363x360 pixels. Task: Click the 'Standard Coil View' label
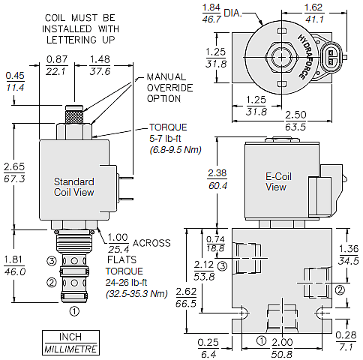click(x=74, y=187)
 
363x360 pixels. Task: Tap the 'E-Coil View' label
click(x=278, y=181)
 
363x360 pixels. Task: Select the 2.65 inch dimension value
click(x=14, y=166)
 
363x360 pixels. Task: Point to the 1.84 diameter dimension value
click(x=211, y=7)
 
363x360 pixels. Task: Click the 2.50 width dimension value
click(x=295, y=115)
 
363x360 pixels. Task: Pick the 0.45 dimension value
click(x=15, y=76)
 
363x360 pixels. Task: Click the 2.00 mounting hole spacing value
click(x=282, y=342)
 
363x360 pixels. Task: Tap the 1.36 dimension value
click(x=349, y=249)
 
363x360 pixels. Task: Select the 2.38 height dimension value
click(x=217, y=173)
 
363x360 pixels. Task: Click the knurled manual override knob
click(x=74, y=116)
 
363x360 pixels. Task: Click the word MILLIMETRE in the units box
click(x=70, y=349)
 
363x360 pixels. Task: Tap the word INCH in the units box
click(x=70, y=337)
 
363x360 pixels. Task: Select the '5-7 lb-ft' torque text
click(x=165, y=139)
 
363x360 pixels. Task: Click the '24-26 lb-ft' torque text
click(x=126, y=283)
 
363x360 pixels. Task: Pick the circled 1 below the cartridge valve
click(x=74, y=311)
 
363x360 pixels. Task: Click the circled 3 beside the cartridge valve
click(x=52, y=261)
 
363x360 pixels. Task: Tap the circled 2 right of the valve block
click(x=340, y=290)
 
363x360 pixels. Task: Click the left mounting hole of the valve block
click(x=242, y=313)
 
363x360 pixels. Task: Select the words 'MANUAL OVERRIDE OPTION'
click(x=169, y=88)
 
